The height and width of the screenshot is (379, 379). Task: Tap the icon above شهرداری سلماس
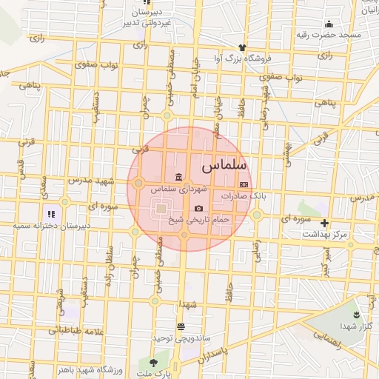pyautogui.click(x=178, y=177)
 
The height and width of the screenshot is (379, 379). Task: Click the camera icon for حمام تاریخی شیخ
pyautogui.click(x=198, y=208)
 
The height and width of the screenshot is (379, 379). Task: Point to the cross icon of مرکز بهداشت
pyautogui.click(x=323, y=223)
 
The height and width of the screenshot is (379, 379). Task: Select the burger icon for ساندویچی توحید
pyautogui.click(x=181, y=326)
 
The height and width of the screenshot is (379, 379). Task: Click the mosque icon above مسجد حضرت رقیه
pyautogui.click(x=329, y=24)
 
